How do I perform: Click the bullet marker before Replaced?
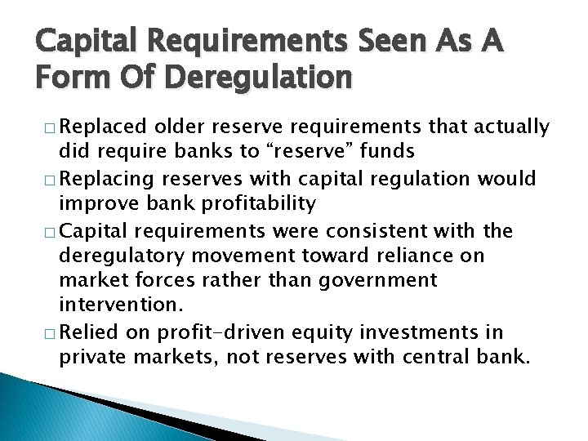pos(51,127)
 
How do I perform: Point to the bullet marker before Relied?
pos(51,333)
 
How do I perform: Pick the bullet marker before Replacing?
pos(51,179)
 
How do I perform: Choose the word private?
pos(95,358)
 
